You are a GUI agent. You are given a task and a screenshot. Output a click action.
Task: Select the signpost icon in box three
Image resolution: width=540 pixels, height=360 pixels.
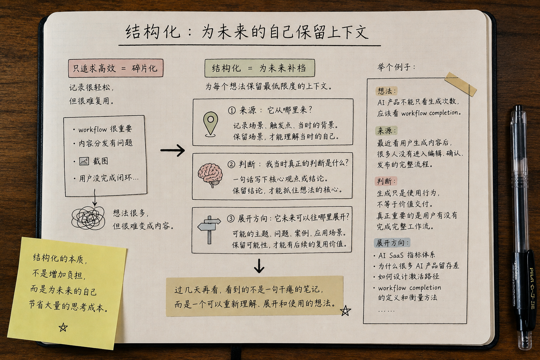click(209, 229)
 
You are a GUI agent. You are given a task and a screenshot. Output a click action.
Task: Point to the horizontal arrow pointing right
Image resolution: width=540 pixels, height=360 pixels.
click(172, 150)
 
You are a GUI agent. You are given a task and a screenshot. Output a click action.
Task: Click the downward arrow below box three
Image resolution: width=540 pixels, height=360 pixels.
click(259, 266)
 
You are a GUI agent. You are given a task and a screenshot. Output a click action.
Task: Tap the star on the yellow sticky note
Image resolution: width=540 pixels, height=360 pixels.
click(63, 327)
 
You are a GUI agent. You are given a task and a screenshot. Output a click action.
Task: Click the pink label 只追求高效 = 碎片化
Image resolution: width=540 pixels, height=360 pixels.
click(116, 68)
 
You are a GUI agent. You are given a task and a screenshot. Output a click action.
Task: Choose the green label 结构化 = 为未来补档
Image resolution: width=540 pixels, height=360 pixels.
click(260, 68)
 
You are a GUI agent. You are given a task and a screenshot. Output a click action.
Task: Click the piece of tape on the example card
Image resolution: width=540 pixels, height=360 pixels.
click(461, 84)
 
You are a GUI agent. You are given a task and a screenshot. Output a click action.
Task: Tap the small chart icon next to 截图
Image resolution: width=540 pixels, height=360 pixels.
click(84, 161)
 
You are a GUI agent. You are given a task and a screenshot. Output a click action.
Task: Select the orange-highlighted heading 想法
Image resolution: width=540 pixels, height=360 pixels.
click(386, 91)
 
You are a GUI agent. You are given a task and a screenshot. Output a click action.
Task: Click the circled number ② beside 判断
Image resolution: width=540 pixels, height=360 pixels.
click(231, 165)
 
